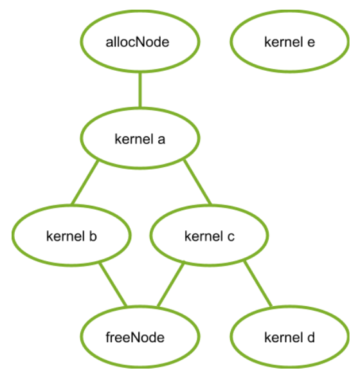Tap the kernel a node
140,139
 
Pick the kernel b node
71,237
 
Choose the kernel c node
209,237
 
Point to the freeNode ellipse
140,337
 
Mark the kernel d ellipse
289,337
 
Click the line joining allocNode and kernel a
140,90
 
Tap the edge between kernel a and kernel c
197,182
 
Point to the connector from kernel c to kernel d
257,283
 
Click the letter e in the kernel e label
311,42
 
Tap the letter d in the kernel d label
310,337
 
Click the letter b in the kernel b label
93,237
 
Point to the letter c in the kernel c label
231,237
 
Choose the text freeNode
140,337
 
